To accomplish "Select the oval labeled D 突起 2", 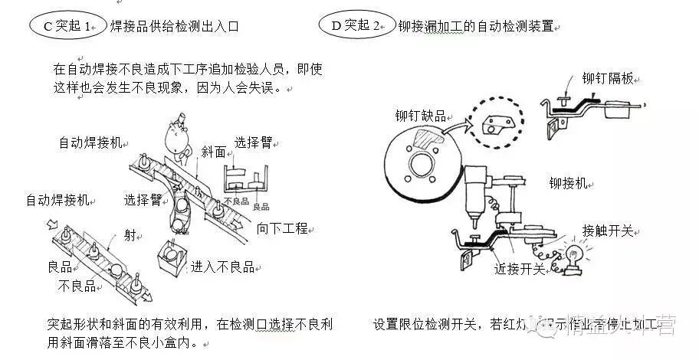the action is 355,25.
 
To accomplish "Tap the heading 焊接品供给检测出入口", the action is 174,26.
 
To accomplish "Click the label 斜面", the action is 213,152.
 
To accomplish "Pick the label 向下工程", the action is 281,227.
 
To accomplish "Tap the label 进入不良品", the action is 222,267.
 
